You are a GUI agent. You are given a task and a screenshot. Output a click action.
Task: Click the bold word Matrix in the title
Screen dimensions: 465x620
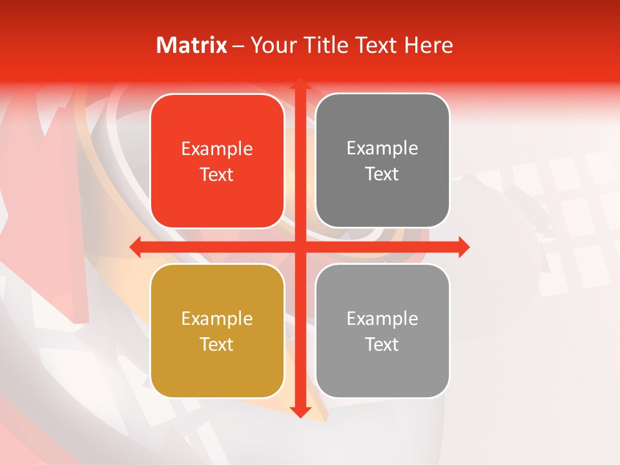click(192, 45)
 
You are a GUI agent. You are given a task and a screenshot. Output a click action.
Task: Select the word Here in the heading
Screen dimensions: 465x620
click(428, 45)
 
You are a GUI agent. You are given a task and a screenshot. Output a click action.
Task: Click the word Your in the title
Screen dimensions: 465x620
click(271, 45)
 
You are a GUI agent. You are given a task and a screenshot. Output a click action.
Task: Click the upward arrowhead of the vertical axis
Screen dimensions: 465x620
click(300, 85)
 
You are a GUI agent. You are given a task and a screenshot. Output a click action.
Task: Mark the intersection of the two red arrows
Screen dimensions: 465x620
click(300, 247)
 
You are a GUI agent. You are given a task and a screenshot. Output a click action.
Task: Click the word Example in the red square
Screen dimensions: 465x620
click(217, 149)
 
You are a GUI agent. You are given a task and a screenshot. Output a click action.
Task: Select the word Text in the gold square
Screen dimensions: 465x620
click(217, 344)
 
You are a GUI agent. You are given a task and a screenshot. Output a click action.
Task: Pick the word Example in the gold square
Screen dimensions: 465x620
click(217, 318)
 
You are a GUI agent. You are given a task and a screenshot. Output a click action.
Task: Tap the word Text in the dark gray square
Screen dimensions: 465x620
click(382, 174)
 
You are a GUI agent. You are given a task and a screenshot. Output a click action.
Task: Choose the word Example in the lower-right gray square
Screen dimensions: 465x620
click(382, 318)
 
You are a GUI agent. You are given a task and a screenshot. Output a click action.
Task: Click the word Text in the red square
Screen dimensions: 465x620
click(217, 174)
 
